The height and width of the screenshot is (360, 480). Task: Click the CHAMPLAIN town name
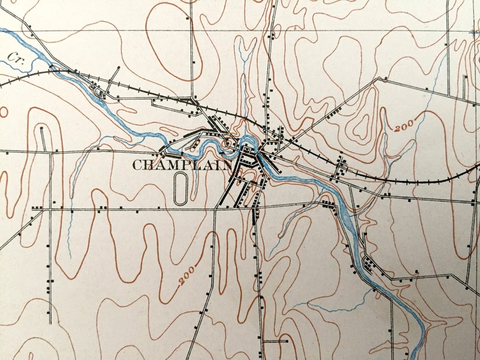pos(181,164)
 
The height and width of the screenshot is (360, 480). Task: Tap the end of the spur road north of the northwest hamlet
pos(119,67)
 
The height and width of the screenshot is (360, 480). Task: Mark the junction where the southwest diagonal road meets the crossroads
pos(216,208)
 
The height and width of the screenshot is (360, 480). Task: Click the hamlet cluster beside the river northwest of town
pos(97,91)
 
